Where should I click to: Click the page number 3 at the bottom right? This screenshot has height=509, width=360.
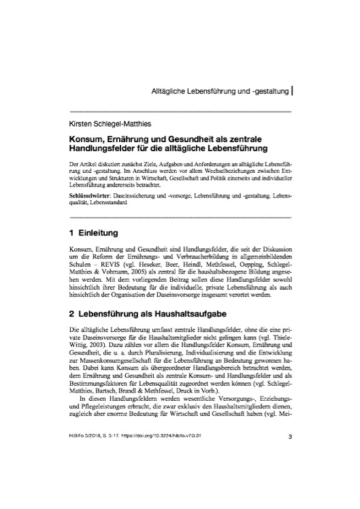(290, 474)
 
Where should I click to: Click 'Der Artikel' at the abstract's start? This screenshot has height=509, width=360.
(84, 165)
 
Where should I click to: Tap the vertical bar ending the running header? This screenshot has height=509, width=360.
(291, 89)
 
